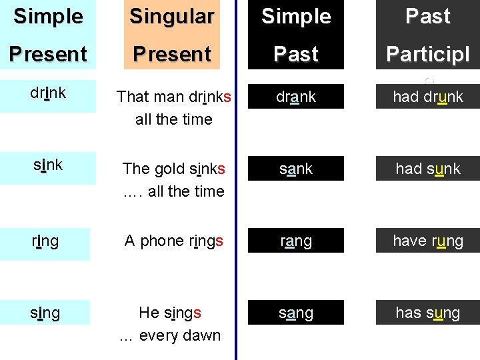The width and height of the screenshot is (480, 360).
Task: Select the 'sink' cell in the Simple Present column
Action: click(47, 165)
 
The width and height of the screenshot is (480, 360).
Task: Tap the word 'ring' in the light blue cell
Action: click(45, 241)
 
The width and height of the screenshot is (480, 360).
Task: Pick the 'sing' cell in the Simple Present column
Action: click(45, 313)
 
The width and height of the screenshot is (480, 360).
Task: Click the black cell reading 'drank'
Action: click(296, 97)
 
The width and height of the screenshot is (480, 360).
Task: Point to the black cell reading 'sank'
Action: click(296, 169)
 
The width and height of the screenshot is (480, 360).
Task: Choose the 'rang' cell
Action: click(296, 241)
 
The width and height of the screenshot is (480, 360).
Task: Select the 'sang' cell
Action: click(296, 313)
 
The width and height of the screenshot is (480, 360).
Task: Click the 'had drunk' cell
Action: click(427, 97)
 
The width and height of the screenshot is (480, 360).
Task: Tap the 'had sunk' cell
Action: click(427, 169)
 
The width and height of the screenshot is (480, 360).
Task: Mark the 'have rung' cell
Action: click(427, 241)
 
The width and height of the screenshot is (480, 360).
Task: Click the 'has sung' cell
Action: click(427, 313)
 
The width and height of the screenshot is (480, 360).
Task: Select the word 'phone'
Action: click(163, 241)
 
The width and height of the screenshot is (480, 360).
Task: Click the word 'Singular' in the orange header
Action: click(172, 17)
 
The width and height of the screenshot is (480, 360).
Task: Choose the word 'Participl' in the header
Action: click(427, 54)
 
